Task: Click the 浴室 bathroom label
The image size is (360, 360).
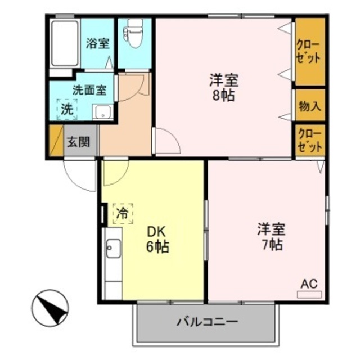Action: pos(97,43)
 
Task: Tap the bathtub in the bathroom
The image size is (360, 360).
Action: pos(64,43)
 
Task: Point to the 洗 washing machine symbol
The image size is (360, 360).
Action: pos(66,109)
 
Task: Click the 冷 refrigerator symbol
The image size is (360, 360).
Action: pos(122,213)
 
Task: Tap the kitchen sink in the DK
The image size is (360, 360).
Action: pos(112,247)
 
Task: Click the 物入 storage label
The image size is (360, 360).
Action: pos(310,105)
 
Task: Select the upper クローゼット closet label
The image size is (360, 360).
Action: pos(310,51)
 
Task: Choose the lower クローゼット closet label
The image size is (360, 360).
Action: pos(310,141)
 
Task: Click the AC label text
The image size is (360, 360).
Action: pos(310,285)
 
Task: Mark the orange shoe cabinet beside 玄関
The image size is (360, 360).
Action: pos(55,141)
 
